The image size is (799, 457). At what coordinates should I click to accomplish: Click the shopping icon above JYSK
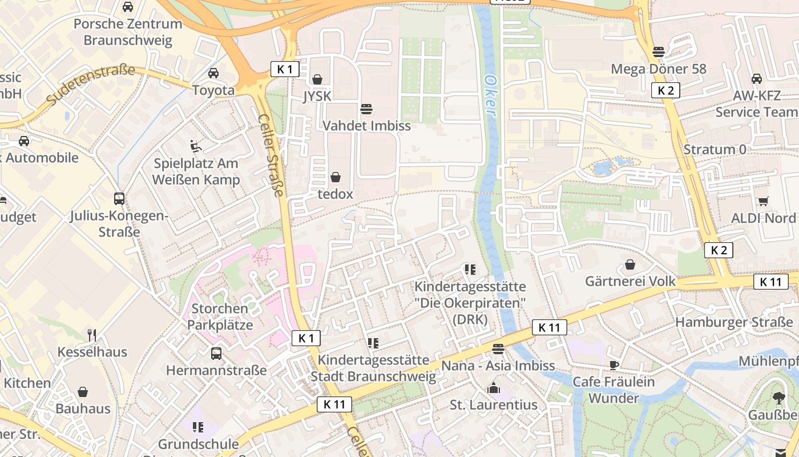pyautogui.click(x=317, y=79)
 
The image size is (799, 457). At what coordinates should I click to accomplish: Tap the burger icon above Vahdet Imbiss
pyautogui.click(x=366, y=109)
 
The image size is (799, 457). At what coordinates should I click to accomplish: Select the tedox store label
pyautogui.click(x=336, y=194)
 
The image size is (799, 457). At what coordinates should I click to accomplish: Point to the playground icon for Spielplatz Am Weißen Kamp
pyautogui.click(x=196, y=146)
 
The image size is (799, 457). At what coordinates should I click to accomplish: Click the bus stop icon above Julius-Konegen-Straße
pyautogui.click(x=119, y=199)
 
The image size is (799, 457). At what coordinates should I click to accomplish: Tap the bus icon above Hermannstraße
pyautogui.click(x=216, y=353)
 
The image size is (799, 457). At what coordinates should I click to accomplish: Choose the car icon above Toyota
pyautogui.click(x=213, y=73)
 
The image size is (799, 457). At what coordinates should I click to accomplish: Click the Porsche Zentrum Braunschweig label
pyautogui.click(x=128, y=32)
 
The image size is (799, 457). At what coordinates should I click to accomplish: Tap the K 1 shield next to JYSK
pyautogui.click(x=285, y=70)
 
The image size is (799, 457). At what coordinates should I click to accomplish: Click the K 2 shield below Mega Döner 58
pyautogui.click(x=665, y=90)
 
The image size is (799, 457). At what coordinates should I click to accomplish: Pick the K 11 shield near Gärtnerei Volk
pyautogui.click(x=770, y=282)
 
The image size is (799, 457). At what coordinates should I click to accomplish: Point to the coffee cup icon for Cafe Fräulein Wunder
pyautogui.click(x=614, y=364)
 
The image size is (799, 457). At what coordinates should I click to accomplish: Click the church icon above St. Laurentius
pyautogui.click(x=494, y=388)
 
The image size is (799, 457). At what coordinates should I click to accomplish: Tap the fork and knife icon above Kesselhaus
pyautogui.click(x=91, y=334)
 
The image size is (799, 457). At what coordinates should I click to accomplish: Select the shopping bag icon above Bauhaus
pyautogui.click(x=83, y=392)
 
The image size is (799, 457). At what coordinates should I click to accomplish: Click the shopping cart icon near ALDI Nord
pyautogui.click(x=763, y=201)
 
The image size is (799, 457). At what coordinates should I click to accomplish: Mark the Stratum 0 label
pyautogui.click(x=715, y=150)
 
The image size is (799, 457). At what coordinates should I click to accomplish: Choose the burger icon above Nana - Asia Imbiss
pyautogui.click(x=498, y=348)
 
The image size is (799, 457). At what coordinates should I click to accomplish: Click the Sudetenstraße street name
pyautogui.click(x=91, y=85)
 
